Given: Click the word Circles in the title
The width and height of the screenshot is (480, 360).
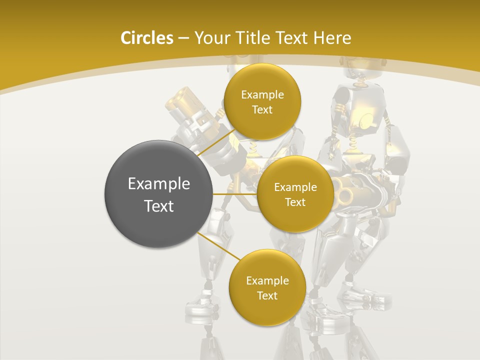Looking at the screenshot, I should click(146, 38).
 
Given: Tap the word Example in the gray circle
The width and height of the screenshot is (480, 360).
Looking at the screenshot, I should click(158, 184).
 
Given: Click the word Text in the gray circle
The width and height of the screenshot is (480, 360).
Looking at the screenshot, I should click(158, 206).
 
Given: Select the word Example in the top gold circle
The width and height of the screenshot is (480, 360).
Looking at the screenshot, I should click(262, 94).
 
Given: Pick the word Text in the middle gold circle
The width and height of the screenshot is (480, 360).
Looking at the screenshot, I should click(295, 202).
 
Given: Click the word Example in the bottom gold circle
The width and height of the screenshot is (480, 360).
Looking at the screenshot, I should click(267, 280).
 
